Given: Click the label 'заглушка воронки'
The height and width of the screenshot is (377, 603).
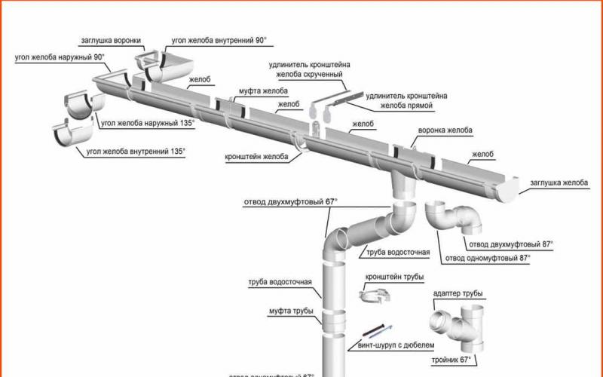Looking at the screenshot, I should point(111,40).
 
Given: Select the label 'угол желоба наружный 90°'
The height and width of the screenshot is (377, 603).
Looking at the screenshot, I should point(59,57).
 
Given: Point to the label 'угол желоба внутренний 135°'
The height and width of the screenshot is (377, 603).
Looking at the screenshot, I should point(136,151).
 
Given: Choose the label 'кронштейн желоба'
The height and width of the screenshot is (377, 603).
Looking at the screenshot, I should point(256,158).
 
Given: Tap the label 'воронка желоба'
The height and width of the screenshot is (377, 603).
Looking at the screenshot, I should point(445,130).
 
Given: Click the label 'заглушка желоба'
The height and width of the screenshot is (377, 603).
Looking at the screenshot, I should point(558,182).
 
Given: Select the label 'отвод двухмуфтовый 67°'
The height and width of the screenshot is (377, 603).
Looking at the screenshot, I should point(290,201).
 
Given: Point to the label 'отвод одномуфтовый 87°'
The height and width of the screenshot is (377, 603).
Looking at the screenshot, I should point(487,258).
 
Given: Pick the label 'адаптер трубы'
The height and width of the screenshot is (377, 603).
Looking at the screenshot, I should point(458,293).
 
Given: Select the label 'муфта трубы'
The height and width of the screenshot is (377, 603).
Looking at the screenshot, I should point(291,310).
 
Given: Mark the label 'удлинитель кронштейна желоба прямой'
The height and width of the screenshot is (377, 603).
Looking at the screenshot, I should point(406,101).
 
